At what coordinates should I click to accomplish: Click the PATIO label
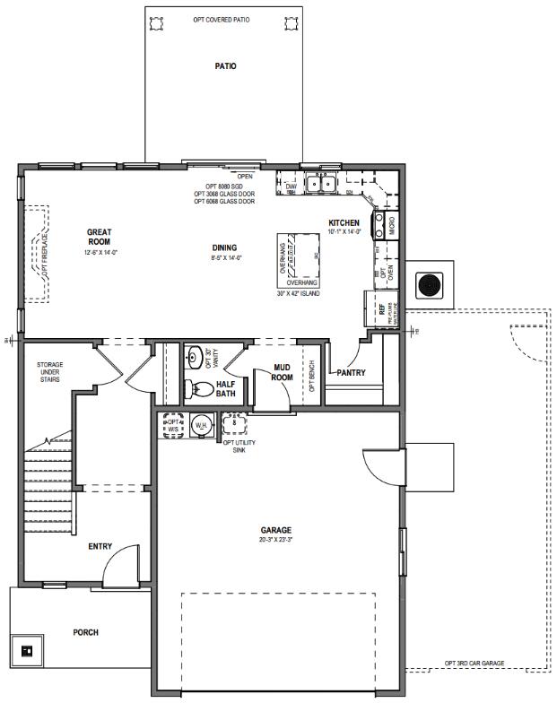[x=225, y=66]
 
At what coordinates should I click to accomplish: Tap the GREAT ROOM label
[x=99, y=238]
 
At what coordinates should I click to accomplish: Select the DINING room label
[x=226, y=248]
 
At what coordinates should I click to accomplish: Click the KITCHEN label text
[x=344, y=222]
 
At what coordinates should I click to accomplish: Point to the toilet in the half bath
[x=193, y=389]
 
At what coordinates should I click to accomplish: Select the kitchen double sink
[x=317, y=185]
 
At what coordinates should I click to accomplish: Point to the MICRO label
[x=392, y=223]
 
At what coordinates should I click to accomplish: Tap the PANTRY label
[x=352, y=373]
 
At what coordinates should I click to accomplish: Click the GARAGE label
[x=276, y=530]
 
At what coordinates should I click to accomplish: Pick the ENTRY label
[x=100, y=546]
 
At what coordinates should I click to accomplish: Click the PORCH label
[x=86, y=632]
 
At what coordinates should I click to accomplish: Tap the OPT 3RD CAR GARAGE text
[x=474, y=664]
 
